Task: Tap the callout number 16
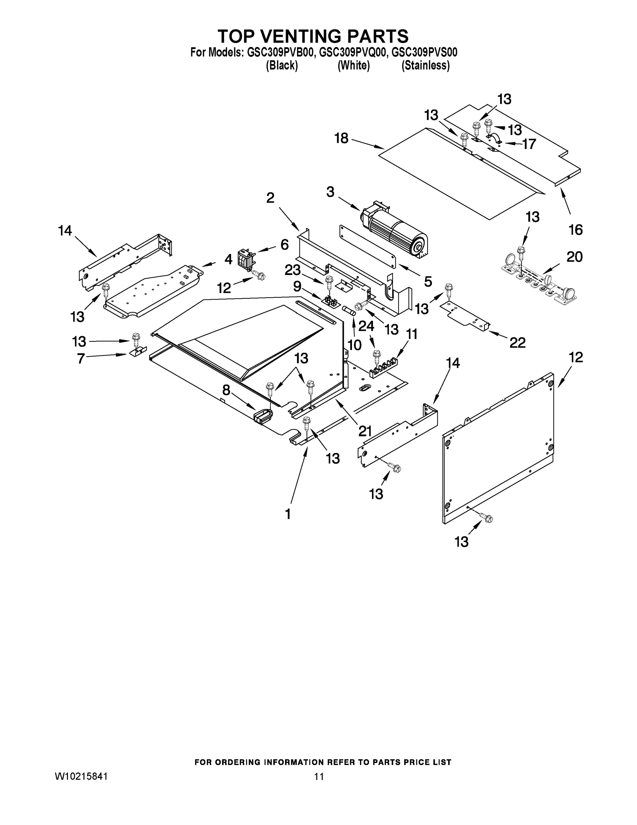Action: [576, 229]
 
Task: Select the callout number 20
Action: [575, 257]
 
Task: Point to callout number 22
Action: [517, 343]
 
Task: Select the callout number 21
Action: [365, 431]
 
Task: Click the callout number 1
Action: [288, 514]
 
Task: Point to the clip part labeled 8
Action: [263, 416]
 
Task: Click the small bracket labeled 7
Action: [136, 352]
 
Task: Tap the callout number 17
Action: [529, 144]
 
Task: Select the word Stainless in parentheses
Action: [426, 65]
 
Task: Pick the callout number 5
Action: [428, 281]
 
